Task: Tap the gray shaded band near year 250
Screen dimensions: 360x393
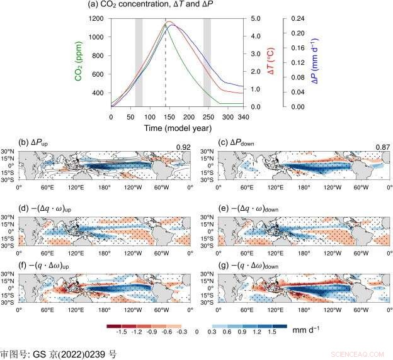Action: point(207,63)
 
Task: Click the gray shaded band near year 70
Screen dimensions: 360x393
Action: point(139,63)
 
